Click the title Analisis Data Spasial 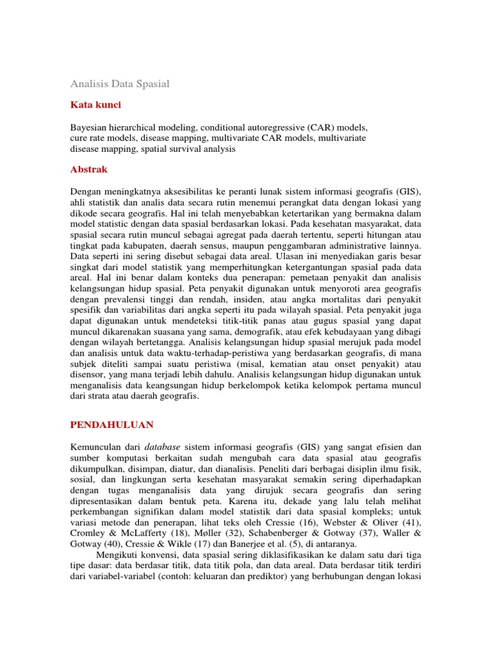pyautogui.click(x=119, y=84)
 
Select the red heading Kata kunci pyautogui.click(x=95, y=104)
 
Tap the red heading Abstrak pyautogui.click(x=88, y=170)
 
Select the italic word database pyautogui.click(x=161, y=447)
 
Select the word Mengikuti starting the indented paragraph pyautogui.click(x=119, y=554)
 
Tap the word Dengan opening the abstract pyautogui.click(x=85, y=192)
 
